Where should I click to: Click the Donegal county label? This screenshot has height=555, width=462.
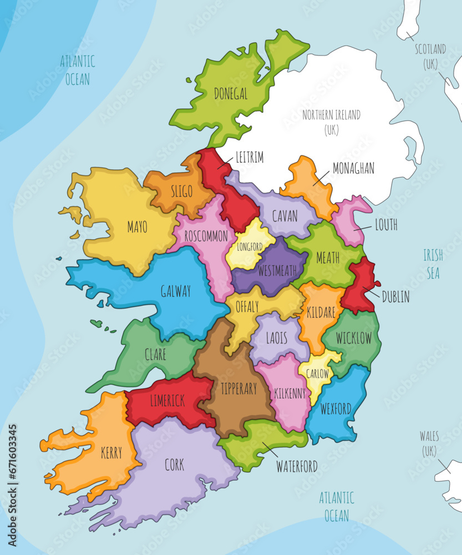tap(231, 94)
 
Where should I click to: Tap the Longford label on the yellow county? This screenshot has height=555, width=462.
tap(250, 246)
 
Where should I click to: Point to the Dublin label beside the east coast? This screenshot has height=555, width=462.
tap(395, 297)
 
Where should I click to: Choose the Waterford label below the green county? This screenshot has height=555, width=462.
tap(297, 466)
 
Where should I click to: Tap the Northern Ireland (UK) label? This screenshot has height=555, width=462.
tap(331, 122)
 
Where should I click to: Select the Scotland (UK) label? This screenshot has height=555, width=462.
tap(430, 56)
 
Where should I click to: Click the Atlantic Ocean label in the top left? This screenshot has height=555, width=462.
tap(77, 70)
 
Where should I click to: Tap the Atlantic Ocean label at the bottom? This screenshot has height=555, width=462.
tap(336, 506)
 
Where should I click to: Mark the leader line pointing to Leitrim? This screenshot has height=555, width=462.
tap(225, 162)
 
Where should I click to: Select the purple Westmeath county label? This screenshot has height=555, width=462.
tap(277, 271)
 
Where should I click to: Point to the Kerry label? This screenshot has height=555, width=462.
tap(111, 453)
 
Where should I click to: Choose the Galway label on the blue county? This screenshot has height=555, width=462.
tap(175, 291)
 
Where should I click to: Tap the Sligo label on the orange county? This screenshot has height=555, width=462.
tap(182, 192)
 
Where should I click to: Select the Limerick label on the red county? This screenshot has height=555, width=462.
tap(167, 401)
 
